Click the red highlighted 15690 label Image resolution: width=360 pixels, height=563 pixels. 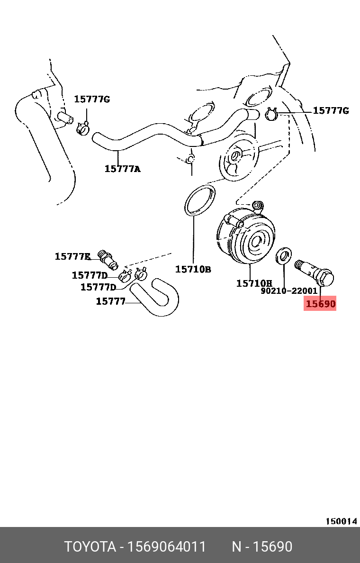(320, 304)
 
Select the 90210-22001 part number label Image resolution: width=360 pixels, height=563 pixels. (289, 291)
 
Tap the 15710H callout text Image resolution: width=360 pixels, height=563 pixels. (254, 283)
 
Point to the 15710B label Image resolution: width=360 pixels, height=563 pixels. (193, 269)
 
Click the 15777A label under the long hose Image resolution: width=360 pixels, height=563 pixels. (122, 168)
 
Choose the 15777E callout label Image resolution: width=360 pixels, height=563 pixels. (72, 256)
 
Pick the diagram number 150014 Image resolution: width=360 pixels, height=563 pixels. (341, 521)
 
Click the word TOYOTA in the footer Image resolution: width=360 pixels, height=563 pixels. (90, 547)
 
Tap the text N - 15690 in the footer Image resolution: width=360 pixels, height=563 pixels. (261, 547)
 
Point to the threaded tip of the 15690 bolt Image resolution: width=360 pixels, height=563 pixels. (299, 263)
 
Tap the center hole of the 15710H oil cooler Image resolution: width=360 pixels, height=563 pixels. (256, 241)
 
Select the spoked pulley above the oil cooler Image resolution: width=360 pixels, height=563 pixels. (237, 160)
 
